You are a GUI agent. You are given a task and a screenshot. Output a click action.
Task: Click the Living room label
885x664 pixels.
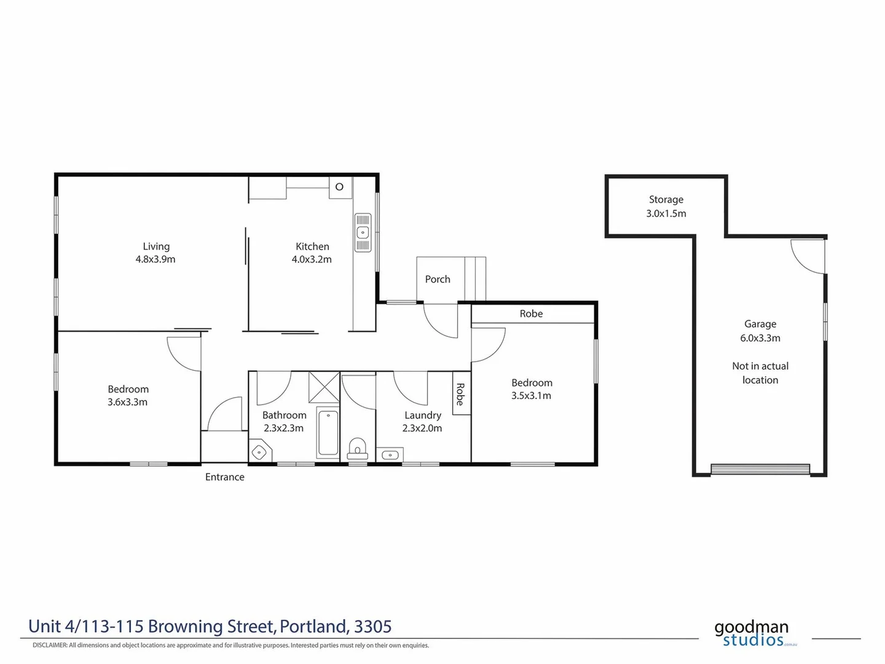(156, 247)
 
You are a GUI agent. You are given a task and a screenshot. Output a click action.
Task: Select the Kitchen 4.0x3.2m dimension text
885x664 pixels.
(312, 259)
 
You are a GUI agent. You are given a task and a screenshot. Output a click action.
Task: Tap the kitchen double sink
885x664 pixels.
(363, 232)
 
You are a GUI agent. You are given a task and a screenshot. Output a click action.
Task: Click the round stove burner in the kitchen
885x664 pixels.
(339, 186)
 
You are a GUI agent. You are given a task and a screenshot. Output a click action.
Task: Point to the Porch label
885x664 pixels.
(438, 279)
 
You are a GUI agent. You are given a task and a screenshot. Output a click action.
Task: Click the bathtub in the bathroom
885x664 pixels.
(328, 433)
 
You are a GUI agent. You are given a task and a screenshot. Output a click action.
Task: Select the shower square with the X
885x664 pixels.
(324, 387)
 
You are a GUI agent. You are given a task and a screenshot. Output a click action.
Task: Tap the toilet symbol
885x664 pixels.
(357, 448)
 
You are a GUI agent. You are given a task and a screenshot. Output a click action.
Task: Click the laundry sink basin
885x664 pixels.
(390, 455)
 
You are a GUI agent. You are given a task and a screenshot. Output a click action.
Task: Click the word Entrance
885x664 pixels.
(224, 477)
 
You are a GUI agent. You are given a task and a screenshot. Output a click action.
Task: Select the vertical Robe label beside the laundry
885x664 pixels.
(460, 394)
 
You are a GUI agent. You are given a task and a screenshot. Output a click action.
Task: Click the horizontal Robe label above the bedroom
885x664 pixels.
(531, 314)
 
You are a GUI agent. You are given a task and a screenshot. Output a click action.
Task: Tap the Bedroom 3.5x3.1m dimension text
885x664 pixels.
(531, 396)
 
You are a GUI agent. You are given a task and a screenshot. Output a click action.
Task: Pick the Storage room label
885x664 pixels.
(666, 200)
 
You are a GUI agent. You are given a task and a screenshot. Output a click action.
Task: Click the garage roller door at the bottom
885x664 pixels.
(760, 469)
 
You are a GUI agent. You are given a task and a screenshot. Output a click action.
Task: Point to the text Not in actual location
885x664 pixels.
(760, 373)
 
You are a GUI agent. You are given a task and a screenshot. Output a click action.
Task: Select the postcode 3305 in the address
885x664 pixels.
(373, 626)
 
